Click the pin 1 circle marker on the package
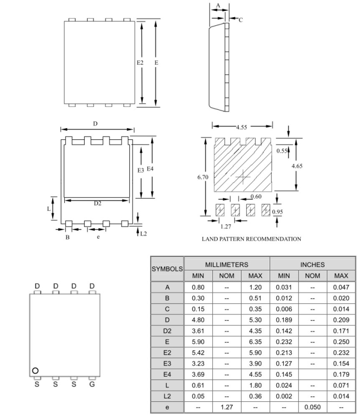click(x=35, y=370)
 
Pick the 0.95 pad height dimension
click(x=277, y=212)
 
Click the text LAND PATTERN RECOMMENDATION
click(x=251, y=239)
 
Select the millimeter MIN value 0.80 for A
click(x=198, y=287)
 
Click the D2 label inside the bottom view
click(x=97, y=203)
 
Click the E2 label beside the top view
click(x=140, y=62)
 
